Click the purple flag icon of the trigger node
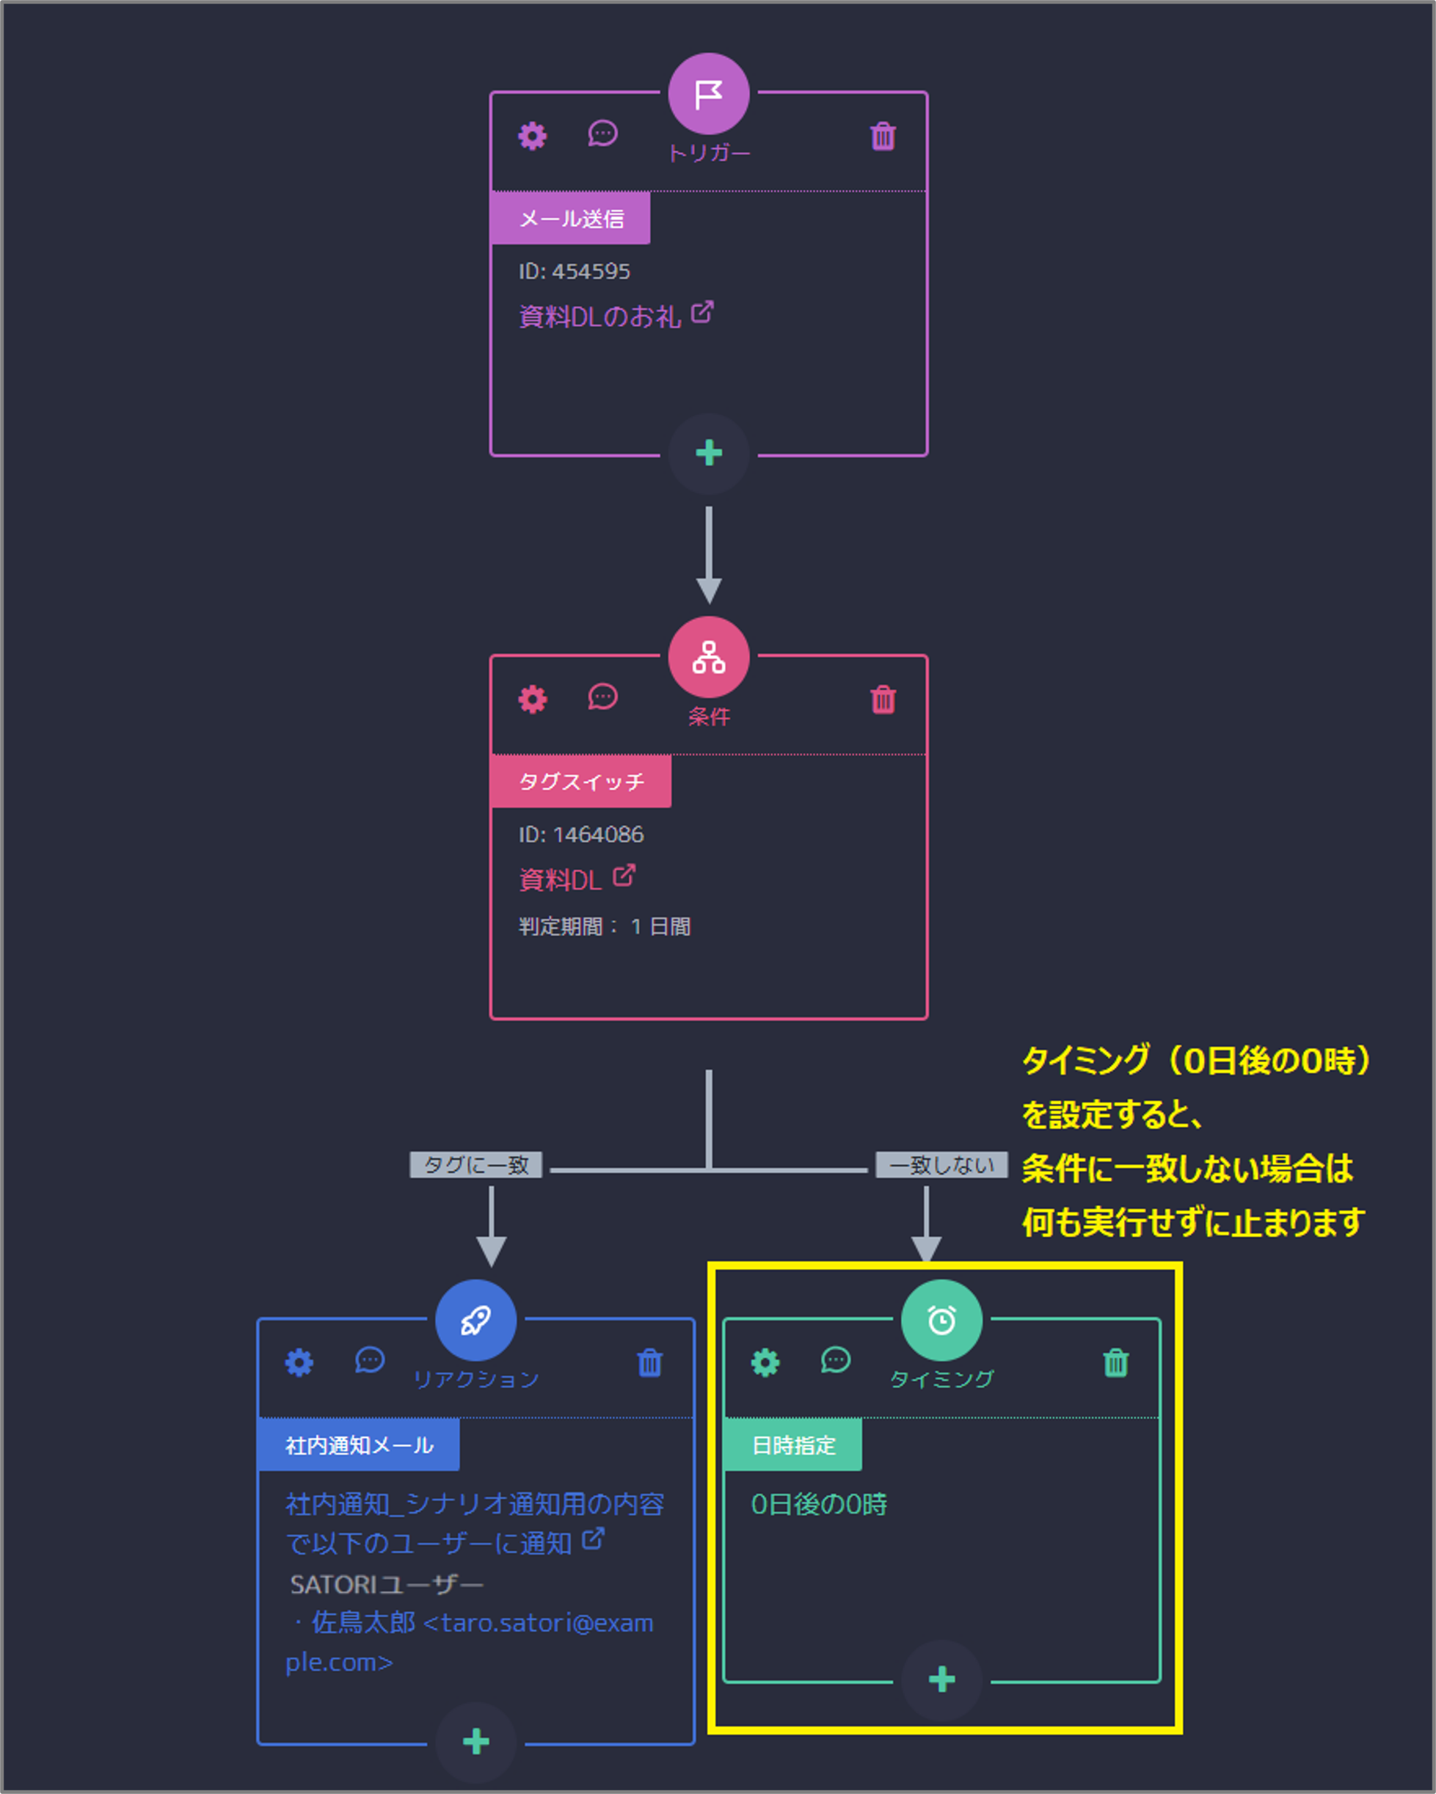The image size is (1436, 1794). point(708,94)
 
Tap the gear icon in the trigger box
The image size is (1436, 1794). point(533,136)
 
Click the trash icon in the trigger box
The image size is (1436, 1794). point(883,137)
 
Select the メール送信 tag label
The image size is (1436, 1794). point(571,219)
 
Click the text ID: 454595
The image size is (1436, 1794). point(574,272)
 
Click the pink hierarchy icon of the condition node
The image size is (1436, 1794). point(708,658)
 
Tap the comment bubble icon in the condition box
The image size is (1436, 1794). point(602,697)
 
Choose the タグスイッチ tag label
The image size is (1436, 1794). point(580,781)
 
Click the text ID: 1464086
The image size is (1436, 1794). point(580,835)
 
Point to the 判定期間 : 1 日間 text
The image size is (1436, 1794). point(604,926)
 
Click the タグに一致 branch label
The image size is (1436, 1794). point(476,1165)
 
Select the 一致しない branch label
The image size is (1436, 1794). point(941,1165)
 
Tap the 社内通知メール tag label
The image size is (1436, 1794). point(359,1445)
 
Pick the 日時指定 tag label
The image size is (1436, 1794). point(793,1445)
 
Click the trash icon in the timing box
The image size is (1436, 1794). point(1115,1363)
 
